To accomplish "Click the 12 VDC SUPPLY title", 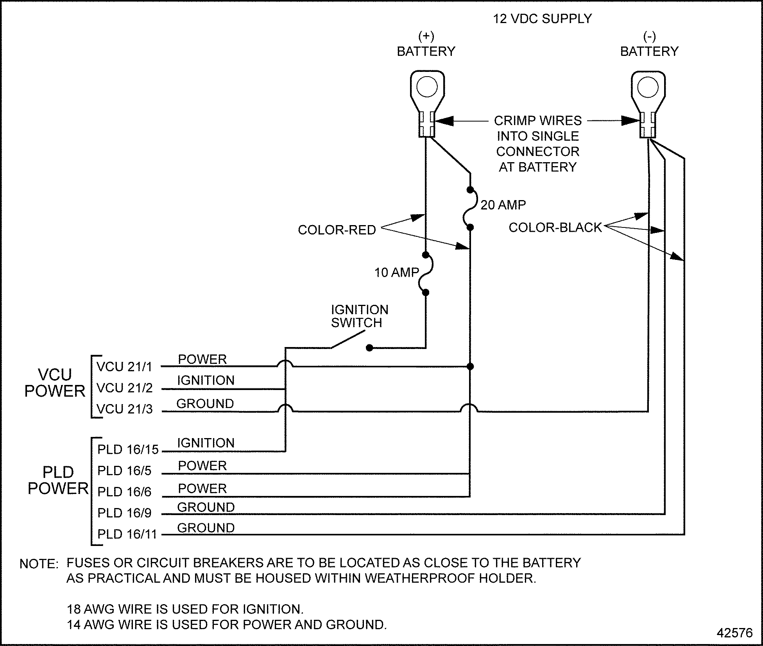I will coord(542,19).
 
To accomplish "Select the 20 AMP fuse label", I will coord(503,205).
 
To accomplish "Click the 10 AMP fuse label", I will coord(396,272).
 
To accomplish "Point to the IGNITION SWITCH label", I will coord(359,316).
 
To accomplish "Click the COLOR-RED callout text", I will coord(337,230).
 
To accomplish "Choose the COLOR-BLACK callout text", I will coord(555,227).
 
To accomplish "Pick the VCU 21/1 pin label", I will coord(124,367).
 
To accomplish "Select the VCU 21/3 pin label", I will coord(124,409).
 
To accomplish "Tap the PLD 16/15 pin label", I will coord(128,450).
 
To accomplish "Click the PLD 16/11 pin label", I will coord(127,534).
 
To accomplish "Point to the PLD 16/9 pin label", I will coord(124,513).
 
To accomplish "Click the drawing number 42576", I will coord(734,633).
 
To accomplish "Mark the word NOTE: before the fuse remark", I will coord(39,564).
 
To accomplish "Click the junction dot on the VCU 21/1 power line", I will coord(470,367).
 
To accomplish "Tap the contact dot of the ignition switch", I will coord(369,348).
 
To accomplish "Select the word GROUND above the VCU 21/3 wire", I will coord(205,404).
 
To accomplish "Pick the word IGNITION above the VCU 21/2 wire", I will coord(206,380).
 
